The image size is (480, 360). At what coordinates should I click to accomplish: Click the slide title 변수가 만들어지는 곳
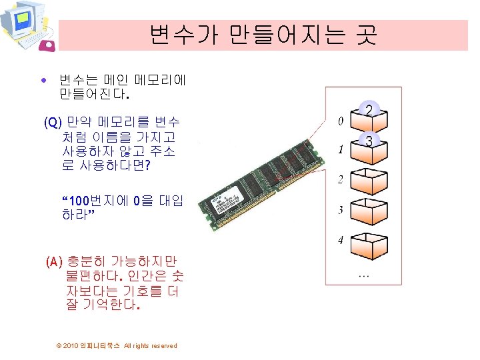[263, 34]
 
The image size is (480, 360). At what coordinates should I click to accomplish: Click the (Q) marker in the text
[53, 123]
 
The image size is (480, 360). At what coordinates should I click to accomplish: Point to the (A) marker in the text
[55, 262]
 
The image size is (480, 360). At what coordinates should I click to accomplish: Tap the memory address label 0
[340, 121]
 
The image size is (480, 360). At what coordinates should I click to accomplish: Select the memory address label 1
[340, 151]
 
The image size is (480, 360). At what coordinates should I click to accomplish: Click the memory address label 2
[340, 180]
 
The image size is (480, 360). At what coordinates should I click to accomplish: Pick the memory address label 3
[340, 210]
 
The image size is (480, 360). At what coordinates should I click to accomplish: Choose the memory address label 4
[340, 239]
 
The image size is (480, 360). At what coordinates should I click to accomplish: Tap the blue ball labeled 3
[369, 140]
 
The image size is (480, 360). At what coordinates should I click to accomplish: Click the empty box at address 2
[369, 183]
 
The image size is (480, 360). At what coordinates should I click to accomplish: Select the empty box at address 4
[369, 244]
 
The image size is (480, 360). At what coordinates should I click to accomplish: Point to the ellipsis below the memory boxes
[364, 274]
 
